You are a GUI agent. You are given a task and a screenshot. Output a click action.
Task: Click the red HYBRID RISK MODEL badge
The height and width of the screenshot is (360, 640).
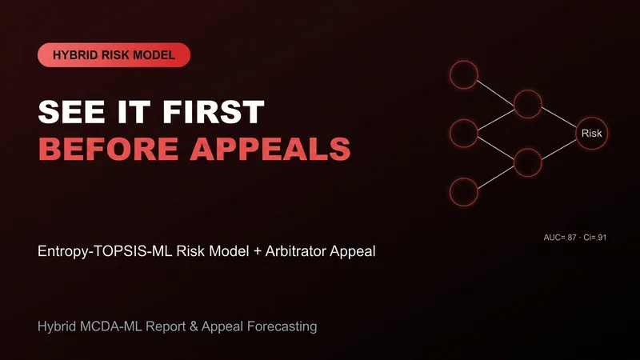[x=114, y=55]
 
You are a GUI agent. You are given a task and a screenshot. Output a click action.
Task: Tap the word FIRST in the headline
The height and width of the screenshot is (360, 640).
[x=214, y=112]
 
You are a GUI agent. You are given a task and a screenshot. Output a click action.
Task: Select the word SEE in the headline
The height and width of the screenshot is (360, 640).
[x=71, y=112]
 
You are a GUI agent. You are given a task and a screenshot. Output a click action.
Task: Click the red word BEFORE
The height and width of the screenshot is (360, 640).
[x=109, y=149]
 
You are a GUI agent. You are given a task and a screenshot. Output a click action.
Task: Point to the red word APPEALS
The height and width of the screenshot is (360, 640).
[x=270, y=149]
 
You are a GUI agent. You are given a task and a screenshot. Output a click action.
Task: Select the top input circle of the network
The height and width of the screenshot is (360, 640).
[x=464, y=61]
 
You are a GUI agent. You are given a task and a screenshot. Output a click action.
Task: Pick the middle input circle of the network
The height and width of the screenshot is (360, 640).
[x=464, y=119]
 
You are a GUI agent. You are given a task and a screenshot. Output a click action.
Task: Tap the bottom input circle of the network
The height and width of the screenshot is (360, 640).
[x=464, y=178]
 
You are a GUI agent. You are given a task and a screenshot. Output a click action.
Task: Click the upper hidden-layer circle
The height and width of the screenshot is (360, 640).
[x=528, y=90]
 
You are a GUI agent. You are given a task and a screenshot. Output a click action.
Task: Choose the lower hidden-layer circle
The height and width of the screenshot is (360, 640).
[x=528, y=149]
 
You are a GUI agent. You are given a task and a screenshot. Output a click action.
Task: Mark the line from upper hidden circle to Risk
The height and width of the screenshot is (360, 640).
[x=559, y=117]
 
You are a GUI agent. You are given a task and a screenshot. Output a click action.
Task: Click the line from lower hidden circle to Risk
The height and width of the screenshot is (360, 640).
[x=559, y=149]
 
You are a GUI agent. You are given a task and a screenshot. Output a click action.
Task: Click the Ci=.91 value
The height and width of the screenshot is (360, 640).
[x=594, y=238]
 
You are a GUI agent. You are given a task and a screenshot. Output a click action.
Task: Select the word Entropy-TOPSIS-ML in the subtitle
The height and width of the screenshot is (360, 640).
[x=105, y=251]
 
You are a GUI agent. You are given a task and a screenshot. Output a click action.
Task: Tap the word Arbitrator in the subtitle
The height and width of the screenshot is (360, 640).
[x=295, y=251]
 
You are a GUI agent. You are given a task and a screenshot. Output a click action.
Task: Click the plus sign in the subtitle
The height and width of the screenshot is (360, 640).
[x=257, y=251]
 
